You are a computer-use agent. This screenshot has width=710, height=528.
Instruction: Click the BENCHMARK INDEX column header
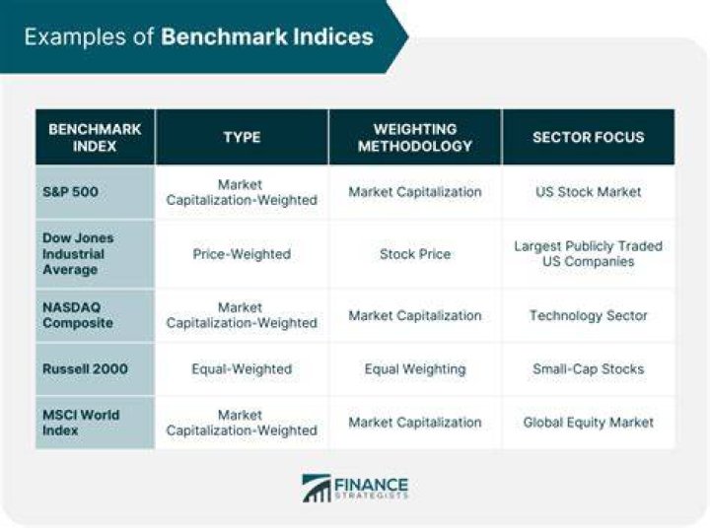(x=95, y=138)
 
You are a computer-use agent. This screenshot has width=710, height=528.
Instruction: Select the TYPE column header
(x=242, y=137)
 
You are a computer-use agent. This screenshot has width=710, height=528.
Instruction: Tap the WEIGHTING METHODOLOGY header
(x=415, y=138)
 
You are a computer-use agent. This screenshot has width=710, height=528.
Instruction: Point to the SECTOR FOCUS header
(x=588, y=137)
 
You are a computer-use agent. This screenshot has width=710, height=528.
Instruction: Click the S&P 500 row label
(x=70, y=192)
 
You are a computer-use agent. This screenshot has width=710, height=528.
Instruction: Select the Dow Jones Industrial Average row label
(x=78, y=254)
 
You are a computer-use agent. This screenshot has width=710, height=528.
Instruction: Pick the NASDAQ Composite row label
(x=78, y=315)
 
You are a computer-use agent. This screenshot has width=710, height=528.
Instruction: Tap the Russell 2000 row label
(x=85, y=368)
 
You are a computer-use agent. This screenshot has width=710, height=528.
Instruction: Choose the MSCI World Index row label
(x=81, y=423)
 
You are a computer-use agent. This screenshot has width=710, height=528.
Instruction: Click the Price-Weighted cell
(x=242, y=254)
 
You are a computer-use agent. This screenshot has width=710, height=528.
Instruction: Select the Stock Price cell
(x=415, y=254)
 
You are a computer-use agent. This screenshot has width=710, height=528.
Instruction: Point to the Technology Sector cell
(x=588, y=315)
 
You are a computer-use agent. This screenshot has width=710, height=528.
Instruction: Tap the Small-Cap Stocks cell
(x=588, y=369)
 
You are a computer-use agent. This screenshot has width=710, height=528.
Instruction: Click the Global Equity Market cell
(x=588, y=423)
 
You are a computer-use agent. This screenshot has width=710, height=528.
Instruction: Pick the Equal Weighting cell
(x=415, y=369)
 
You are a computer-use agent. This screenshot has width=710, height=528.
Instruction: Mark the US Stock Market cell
(x=588, y=192)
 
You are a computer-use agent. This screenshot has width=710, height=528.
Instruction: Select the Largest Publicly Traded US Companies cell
(x=588, y=254)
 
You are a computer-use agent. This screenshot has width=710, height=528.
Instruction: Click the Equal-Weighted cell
(x=242, y=369)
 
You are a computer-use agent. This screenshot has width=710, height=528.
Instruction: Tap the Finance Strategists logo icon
(x=317, y=489)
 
